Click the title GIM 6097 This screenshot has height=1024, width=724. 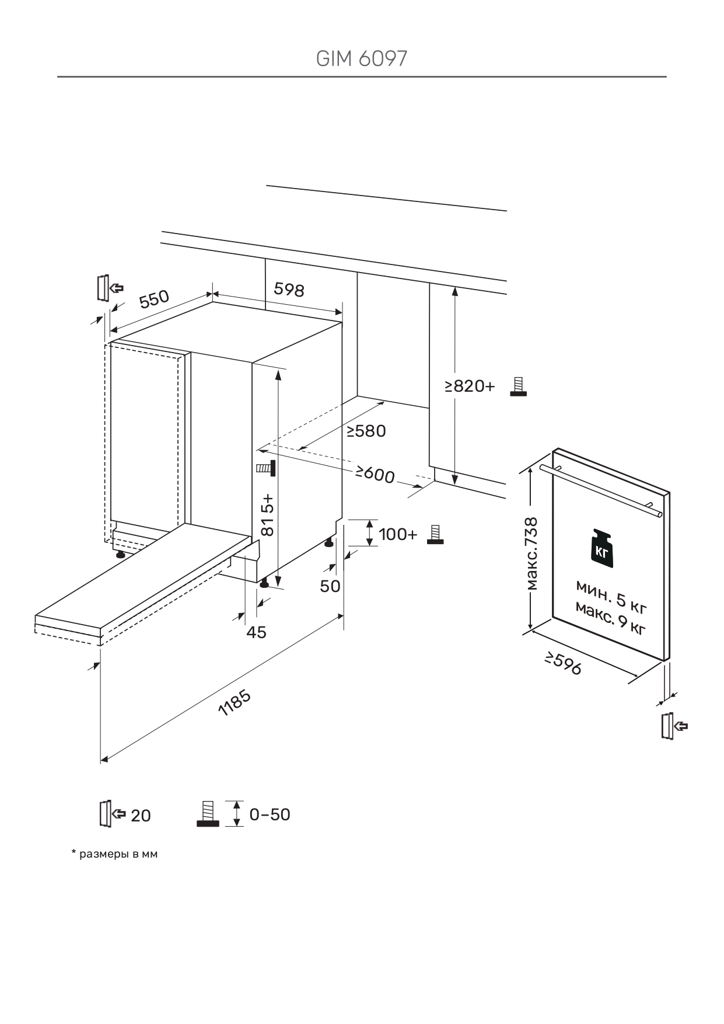361,58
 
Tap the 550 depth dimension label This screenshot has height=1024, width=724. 154,298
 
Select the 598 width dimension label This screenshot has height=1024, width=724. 289,289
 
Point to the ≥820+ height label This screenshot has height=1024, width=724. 470,386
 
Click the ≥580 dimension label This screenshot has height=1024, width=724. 366,431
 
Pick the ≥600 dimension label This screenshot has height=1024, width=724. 375,474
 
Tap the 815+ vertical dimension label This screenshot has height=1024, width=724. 267,514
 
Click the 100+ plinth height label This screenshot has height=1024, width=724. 398,534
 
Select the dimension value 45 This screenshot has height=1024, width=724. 256,632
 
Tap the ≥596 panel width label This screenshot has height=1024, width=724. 564,664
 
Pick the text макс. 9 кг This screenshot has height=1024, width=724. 610,618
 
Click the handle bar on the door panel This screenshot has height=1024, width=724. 601,491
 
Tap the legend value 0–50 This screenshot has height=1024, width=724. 270,814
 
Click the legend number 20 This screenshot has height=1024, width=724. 141,816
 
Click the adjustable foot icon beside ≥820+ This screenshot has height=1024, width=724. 518,386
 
